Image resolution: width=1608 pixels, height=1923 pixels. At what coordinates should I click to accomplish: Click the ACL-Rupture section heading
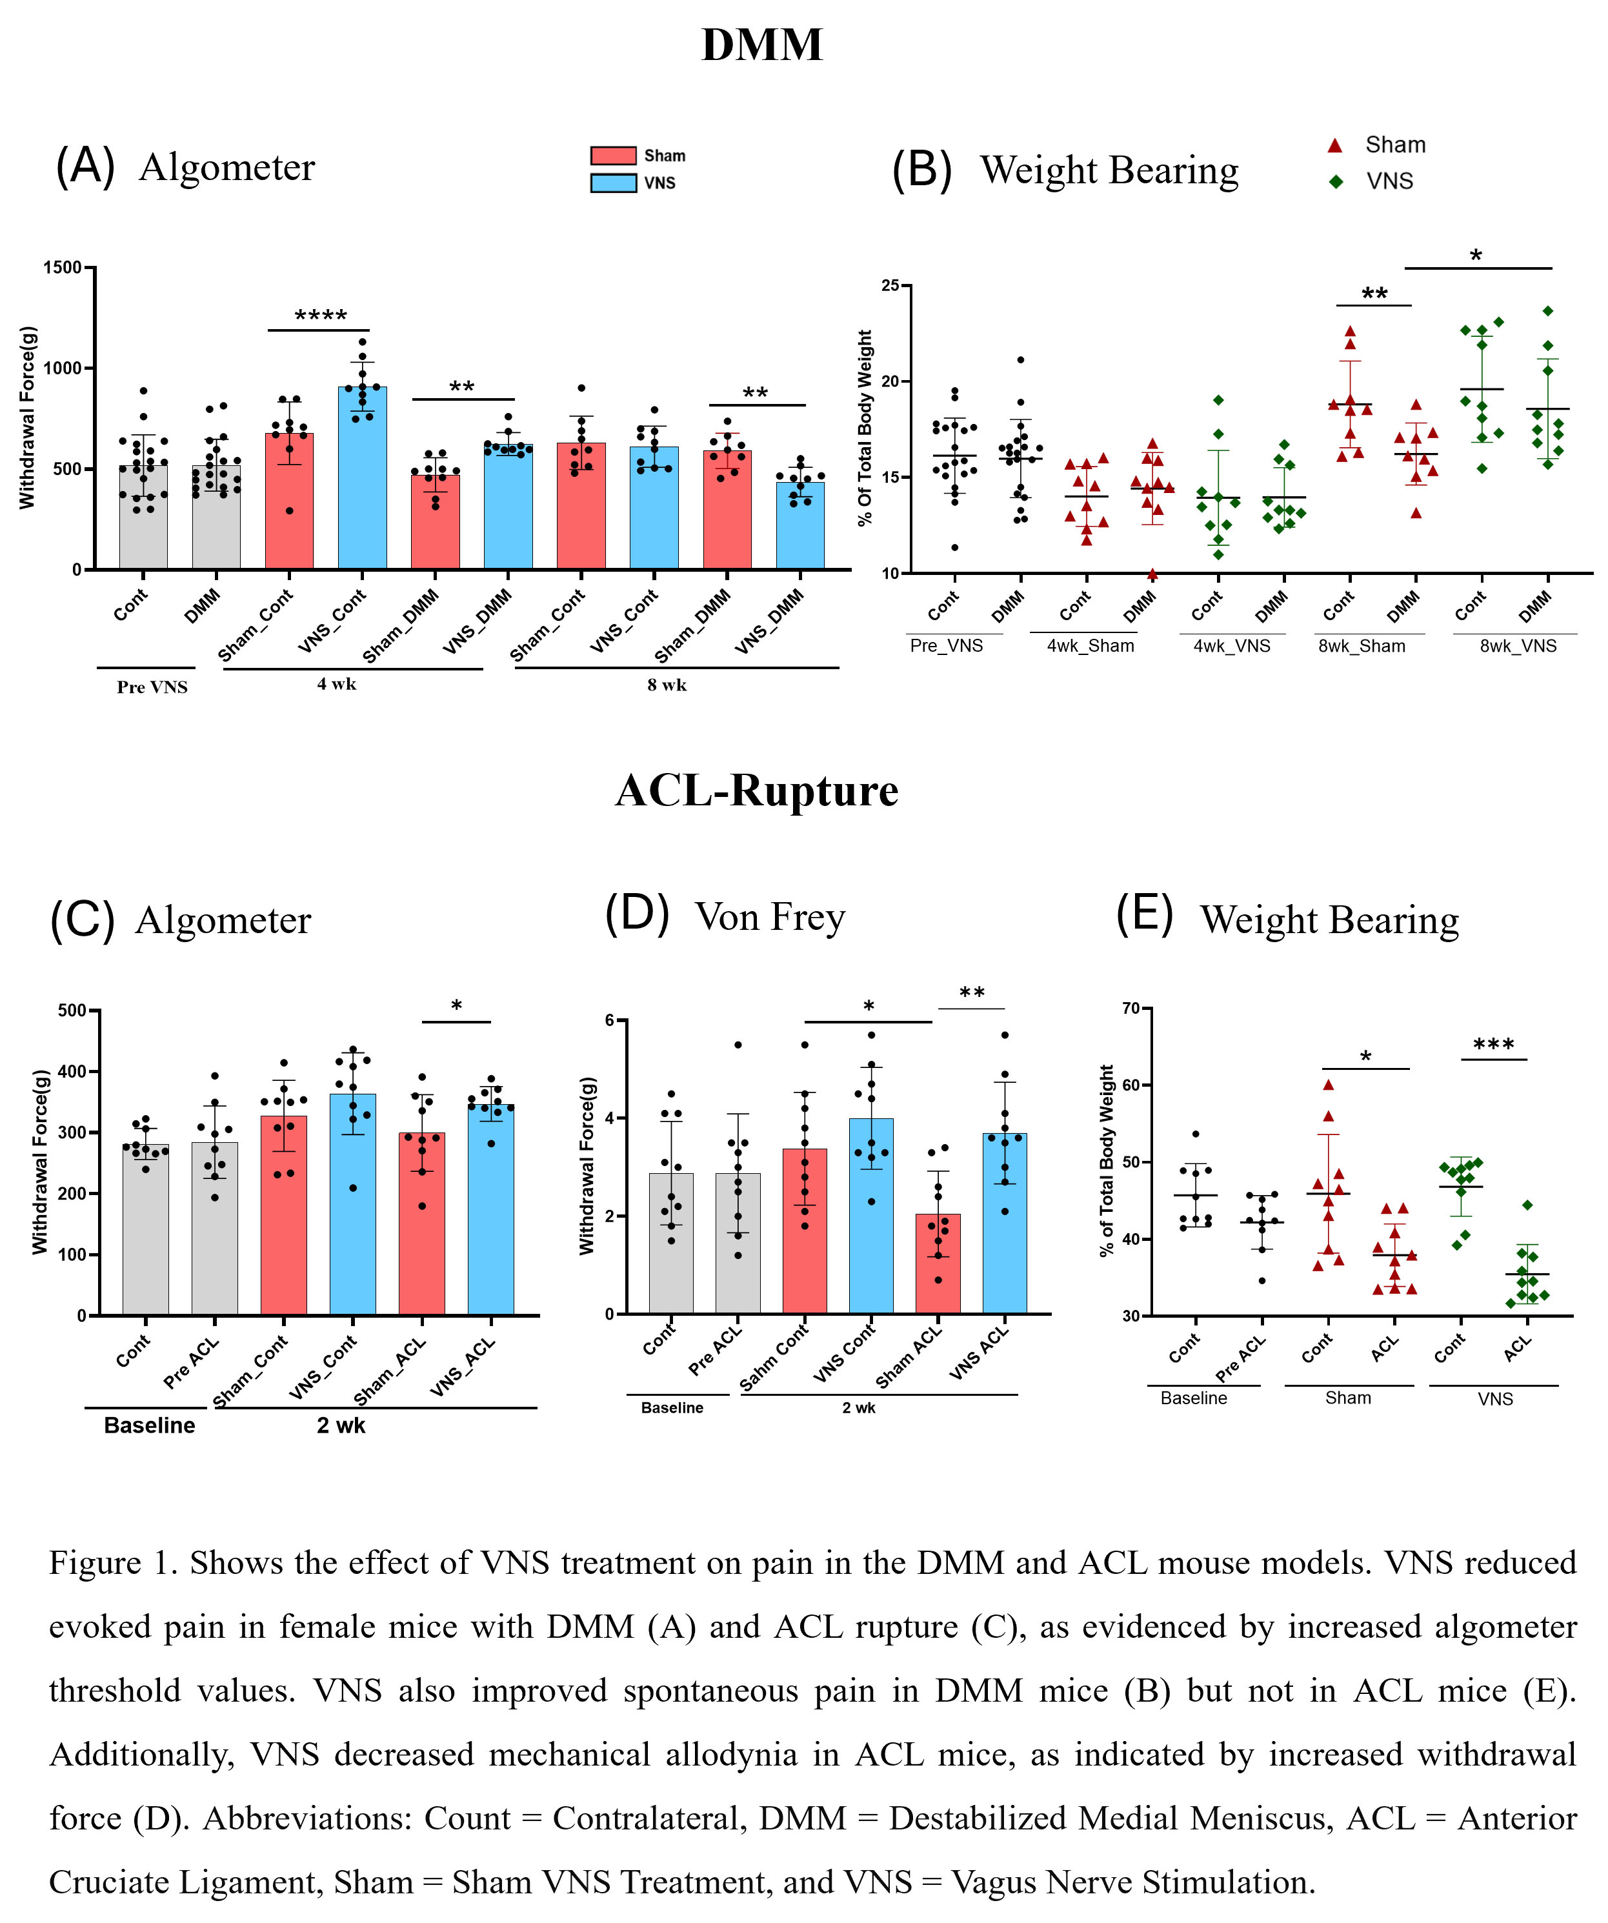click(756, 790)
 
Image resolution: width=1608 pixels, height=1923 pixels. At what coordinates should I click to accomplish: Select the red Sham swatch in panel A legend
click(612, 156)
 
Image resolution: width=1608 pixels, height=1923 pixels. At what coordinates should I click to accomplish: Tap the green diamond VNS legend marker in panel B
click(1336, 181)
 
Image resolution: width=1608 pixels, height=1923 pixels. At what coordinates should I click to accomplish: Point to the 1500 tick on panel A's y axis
click(63, 267)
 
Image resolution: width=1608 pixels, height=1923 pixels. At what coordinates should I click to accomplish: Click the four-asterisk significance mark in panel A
click(321, 316)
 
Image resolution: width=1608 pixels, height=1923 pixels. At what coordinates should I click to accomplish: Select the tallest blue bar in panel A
click(362, 476)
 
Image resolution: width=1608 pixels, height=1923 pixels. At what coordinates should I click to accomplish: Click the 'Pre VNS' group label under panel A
click(152, 687)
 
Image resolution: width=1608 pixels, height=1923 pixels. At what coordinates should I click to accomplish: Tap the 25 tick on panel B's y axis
click(890, 286)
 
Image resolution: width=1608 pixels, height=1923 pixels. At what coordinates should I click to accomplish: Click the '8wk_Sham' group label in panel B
click(1361, 645)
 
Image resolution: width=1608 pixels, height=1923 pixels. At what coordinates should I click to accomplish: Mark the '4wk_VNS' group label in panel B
click(1232, 645)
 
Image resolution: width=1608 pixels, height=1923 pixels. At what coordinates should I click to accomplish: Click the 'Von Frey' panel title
click(769, 916)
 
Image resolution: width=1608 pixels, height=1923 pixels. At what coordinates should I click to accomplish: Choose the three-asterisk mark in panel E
click(1494, 1045)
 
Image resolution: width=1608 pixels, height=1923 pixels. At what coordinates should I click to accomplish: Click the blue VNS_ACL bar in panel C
click(491, 1209)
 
